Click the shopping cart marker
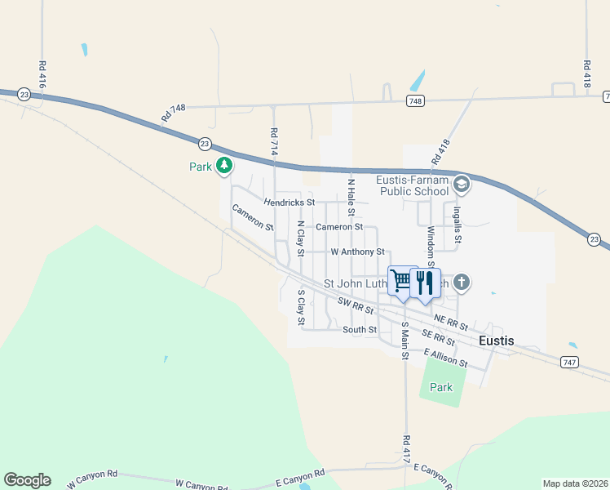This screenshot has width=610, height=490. [401, 281]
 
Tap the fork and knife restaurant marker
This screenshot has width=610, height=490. [424, 282]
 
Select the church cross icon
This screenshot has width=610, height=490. [462, 283]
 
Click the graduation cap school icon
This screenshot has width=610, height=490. [462, 185]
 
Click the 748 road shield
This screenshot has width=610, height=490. [415, 100]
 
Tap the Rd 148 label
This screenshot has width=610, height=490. [174, 113]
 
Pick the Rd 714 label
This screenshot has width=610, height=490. [274, 143]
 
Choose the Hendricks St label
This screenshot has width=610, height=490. [289, 202]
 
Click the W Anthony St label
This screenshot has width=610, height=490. [356, 252]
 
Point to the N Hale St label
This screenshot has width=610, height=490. [351, 198]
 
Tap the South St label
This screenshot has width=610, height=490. [360, 330]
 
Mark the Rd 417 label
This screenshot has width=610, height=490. [405, 451]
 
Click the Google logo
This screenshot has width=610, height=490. [27, 480]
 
